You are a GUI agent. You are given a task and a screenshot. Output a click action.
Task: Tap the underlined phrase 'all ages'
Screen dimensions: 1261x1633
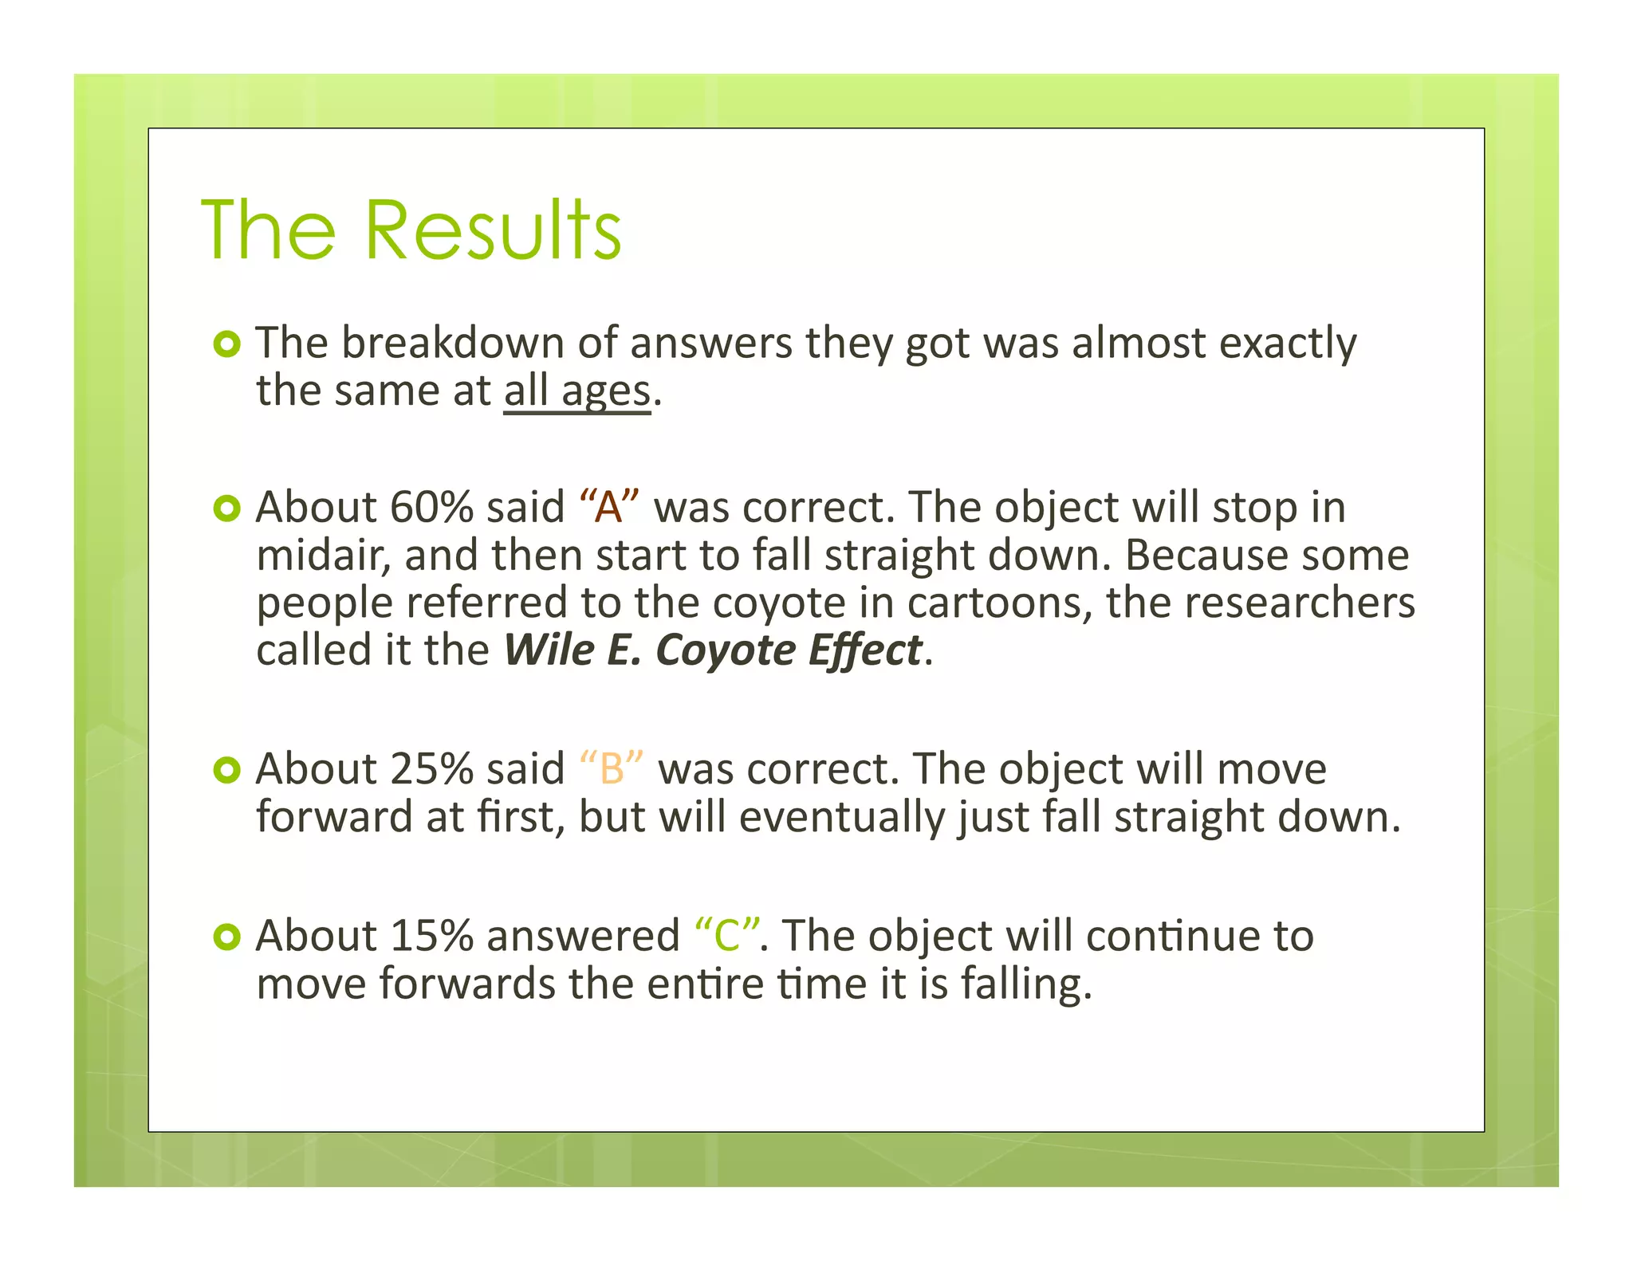[x=577, y=392]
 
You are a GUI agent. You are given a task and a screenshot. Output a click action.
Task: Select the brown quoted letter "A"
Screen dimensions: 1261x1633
[x=609, y=507]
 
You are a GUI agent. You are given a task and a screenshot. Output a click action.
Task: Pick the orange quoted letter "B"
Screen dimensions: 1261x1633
[x=612, y=769]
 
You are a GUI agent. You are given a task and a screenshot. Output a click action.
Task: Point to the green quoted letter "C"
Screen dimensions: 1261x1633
[x=726, y=936]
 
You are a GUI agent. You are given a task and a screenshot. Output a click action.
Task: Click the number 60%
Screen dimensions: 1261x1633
[x=431, y=507]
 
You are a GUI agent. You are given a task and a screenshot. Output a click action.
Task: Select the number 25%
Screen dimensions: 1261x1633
[x=431, y=769]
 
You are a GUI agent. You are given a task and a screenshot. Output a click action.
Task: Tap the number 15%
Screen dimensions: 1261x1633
[x=431, y=936]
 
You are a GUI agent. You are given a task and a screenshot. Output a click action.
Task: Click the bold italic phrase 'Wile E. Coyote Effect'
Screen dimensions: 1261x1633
[x=713, y=650]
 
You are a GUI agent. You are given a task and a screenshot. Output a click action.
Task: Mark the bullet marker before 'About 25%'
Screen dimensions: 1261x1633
[x=227, y=770]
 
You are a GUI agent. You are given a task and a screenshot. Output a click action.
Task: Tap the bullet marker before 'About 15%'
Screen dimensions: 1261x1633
[x=227, y=937]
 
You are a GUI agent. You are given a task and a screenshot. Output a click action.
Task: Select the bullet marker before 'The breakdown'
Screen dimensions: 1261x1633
[x=227, y=344]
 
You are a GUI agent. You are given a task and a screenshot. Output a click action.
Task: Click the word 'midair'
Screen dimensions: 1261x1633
[x=323, y=556]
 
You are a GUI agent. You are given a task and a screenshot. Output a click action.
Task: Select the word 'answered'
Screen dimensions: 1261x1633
[x=583, y=936]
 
